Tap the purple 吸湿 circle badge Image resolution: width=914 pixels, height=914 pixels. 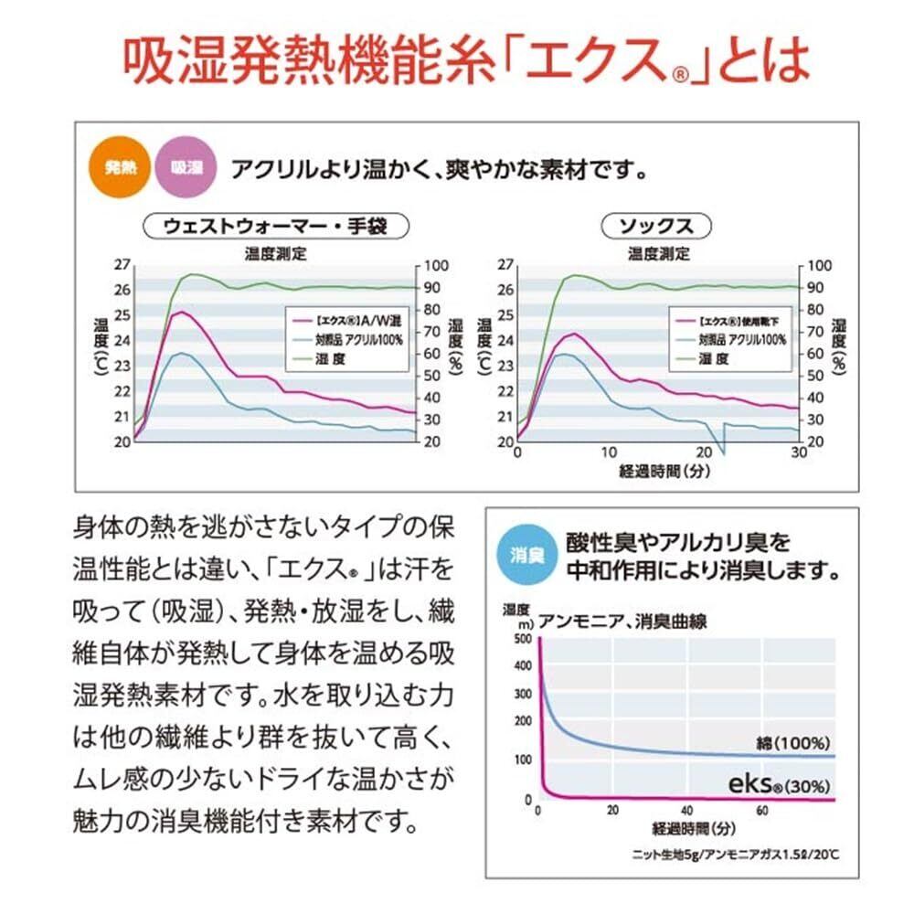tap(186, 168)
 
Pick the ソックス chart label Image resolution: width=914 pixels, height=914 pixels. tap(656, 226)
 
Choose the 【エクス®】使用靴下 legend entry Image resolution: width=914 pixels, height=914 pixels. tap(740, 321)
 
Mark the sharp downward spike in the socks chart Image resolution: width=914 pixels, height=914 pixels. tap(722, 451)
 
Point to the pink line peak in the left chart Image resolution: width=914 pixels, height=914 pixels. tap(184, 313)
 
